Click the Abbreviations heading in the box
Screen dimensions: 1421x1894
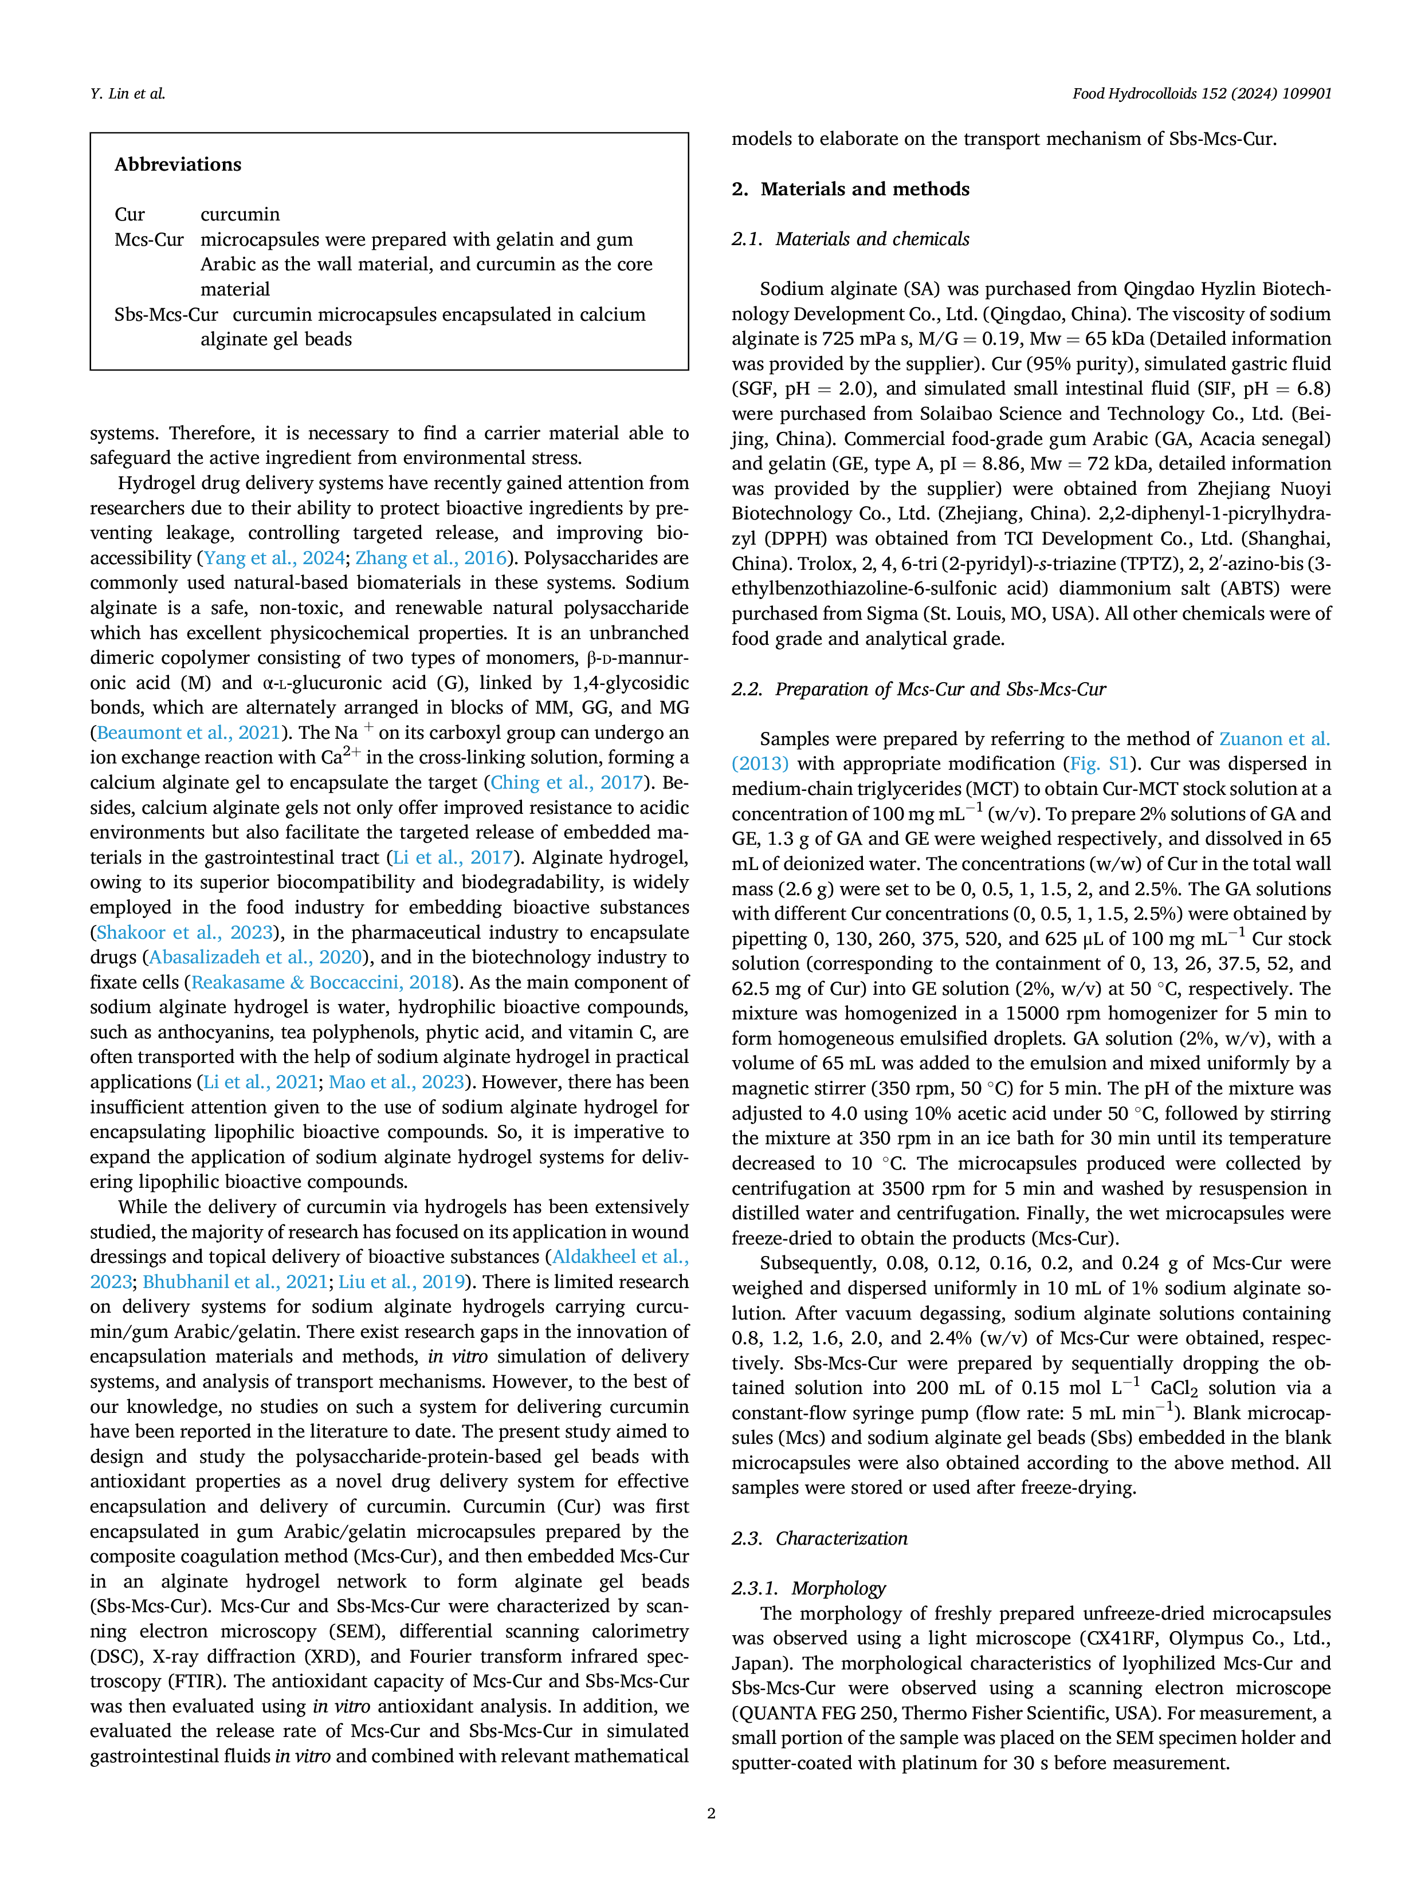coord(178,164)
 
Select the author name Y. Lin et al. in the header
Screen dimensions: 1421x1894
coord(128,94)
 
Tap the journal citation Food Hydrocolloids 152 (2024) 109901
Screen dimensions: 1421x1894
coord(1202,94)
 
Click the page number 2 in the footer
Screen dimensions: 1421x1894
coord(711,1813)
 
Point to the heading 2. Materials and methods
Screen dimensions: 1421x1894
coord(850,189)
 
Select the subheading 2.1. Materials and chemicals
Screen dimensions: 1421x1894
coord(850,239)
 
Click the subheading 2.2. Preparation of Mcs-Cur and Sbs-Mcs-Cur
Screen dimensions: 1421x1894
coord(919,689)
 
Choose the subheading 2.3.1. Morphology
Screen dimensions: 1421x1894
coord(808,1588)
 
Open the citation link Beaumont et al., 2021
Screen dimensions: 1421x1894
coord(189,733)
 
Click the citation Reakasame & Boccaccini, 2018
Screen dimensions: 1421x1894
coord(321,982)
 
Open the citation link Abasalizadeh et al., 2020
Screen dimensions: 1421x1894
coord(255,957)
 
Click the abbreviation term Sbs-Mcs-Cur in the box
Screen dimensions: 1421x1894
coord(166,314)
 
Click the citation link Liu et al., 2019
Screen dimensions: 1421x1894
coord(402,1282)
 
